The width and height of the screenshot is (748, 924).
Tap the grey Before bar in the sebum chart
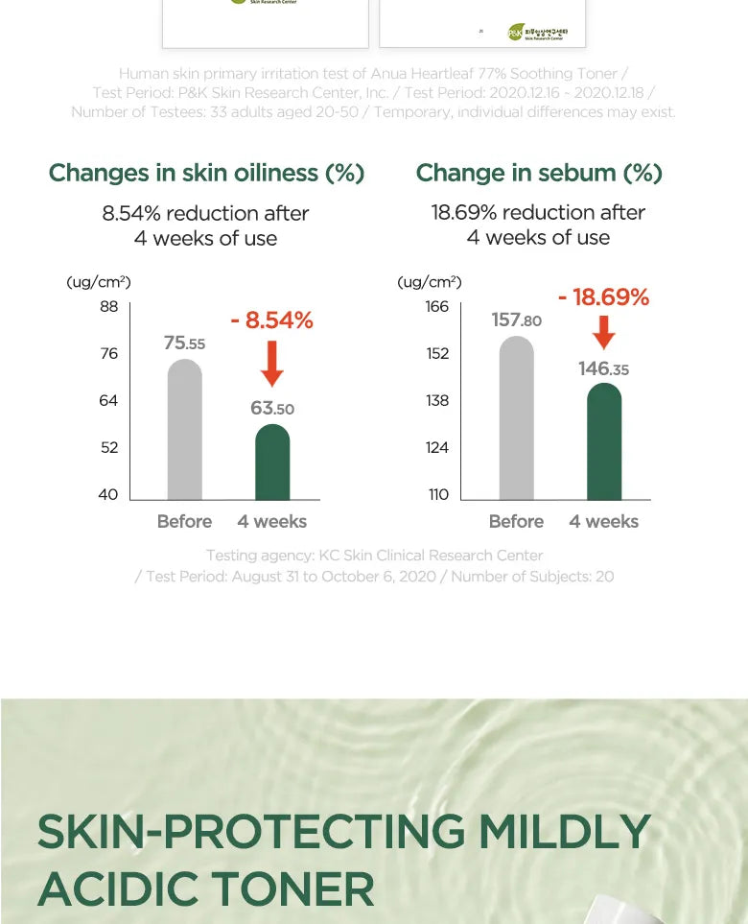[x=516, y=418]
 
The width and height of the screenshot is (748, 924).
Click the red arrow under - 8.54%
[x=272, y=364]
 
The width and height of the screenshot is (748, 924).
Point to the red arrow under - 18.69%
[x=604, y=331]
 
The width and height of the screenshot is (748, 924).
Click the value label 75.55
[x=184, y=343]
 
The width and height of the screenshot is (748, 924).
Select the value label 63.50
[x=272, y=408]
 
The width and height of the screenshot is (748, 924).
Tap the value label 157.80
[x=516, y=320]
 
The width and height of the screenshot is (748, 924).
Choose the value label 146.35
[x=603, y=368]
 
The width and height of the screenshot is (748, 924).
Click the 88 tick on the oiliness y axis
[x=108, y=306]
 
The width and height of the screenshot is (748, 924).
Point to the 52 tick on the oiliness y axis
[x=108, y=447]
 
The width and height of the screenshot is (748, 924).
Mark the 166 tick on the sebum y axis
[x=437, y=306]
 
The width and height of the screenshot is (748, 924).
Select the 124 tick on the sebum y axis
[x=437, y=447]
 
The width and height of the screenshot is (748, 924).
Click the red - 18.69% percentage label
[x=603, y=297]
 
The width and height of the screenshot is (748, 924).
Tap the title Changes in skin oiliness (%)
[x=206, y=173]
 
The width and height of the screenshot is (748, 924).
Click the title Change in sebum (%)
[x=539, y=173]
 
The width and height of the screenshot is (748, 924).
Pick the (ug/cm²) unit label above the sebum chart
[x=430, y=282]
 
